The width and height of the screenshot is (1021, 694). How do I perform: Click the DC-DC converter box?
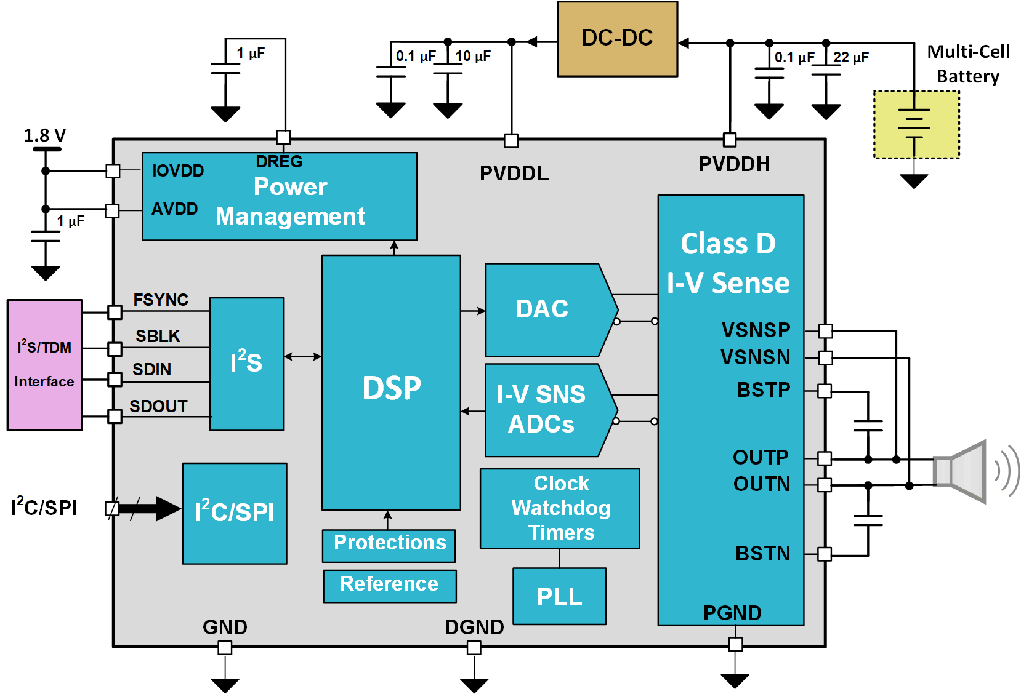click(x=617, y=39)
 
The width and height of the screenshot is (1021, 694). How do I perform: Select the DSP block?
click(x=391, y=383)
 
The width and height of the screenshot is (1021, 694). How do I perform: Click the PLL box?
click(x=559, y=596)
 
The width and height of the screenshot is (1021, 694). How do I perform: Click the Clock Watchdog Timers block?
click(x=560, y=508)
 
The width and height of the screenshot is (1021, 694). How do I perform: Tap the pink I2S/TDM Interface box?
click(x=44, y=365)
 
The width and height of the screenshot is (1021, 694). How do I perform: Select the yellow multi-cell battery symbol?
click(x=916, y=125)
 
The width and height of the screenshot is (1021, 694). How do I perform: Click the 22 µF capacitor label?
click(x=850, y=58)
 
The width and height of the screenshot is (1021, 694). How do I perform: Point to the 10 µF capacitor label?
click(x=473, y=57)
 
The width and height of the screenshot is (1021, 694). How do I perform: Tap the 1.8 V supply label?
click(x=44, y=135)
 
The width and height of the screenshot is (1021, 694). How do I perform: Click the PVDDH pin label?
click(x=734, y=164)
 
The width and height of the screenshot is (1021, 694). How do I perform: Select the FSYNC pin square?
click(x=115, y=312)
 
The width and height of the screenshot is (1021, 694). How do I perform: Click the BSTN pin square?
click(x=825, y=554)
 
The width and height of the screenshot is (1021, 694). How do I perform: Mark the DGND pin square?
click(x=474, y=647)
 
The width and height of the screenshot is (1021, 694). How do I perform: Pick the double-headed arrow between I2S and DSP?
click(x=302, y=356)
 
